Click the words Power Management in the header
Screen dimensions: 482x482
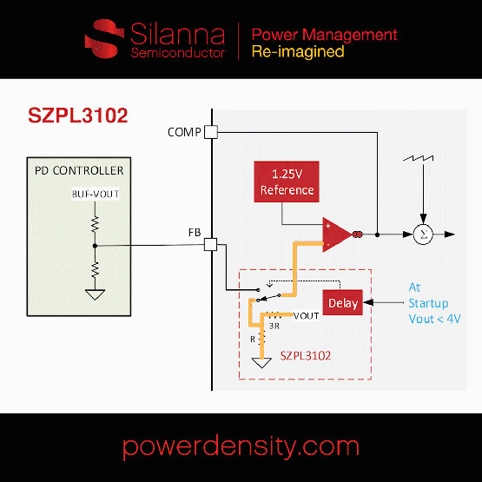tap(324, 35)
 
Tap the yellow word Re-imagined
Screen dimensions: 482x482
tap(297, 51)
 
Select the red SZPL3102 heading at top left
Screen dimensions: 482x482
tap(79, 116)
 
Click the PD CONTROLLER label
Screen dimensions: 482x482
tap(79, 170)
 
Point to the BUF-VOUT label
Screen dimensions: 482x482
tap(95, 194)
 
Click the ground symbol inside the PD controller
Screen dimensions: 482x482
tap(96, 294)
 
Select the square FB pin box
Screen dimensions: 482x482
tap(209, 244)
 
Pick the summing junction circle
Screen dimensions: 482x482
tap(422, 234)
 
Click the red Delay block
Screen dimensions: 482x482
tap(341, 302)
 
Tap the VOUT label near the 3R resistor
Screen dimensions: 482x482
tap(307, 315)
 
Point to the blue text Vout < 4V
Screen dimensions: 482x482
tap(435, 319)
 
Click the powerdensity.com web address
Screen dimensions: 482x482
tap(241, 446)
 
